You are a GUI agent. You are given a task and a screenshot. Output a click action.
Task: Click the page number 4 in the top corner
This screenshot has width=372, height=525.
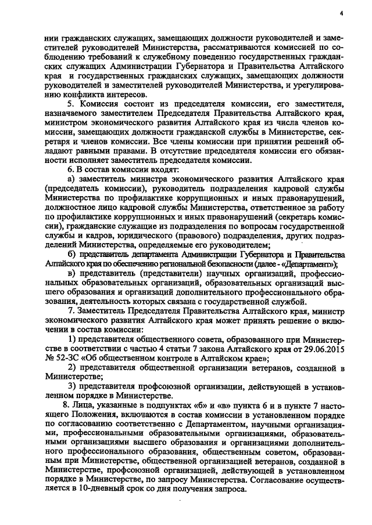[x=342, y=13]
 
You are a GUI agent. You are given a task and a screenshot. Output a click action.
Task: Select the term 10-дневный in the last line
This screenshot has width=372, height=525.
[x=95, y=488]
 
